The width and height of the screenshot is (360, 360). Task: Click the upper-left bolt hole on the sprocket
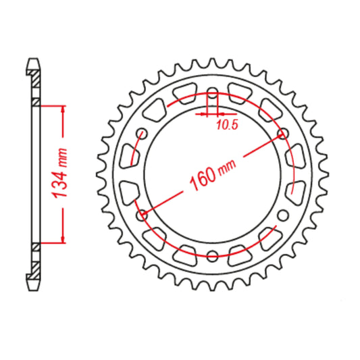point(142,133)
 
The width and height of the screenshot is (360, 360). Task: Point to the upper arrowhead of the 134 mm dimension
point(63,109)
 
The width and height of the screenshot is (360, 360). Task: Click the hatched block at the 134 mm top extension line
point(34,103)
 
